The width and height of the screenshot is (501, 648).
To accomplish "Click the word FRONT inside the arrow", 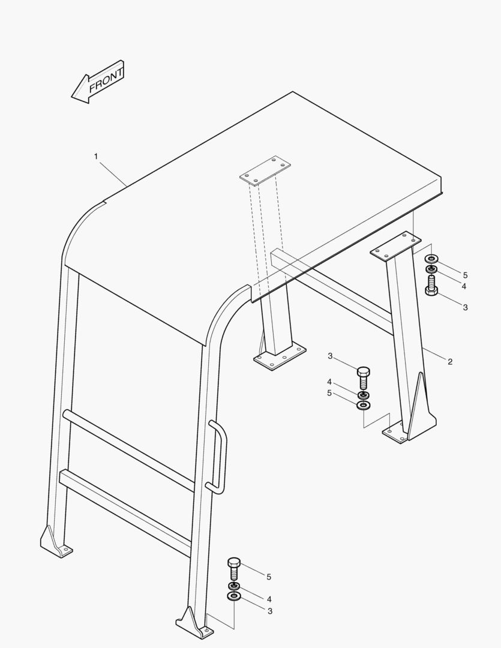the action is (106, 80).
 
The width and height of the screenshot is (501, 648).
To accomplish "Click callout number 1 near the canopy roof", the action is (96, 157).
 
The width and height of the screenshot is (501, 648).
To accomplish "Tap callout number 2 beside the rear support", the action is (450, 362).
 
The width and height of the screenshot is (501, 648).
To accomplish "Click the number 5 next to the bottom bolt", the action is (269, 577).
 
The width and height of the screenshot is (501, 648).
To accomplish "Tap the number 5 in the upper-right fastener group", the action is (465, 275).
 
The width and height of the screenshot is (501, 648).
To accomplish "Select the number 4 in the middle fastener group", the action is (329, 382).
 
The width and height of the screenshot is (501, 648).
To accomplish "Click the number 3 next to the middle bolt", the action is (330, 356).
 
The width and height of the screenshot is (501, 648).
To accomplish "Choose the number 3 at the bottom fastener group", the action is (270, 611).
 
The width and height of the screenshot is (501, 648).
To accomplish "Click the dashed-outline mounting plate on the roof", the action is (265, 170).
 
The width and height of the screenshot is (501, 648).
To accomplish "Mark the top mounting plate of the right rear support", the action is (395, 246).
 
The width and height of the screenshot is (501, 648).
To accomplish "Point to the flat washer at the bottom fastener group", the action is (234, 596).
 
